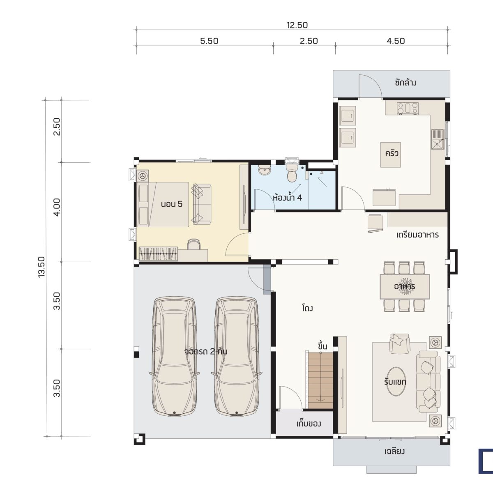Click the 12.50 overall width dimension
pos(297,25)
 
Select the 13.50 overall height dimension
pos(41,267)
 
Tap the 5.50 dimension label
pos(209,41)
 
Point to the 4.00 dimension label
pos(57,207)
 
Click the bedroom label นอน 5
pos(172,204)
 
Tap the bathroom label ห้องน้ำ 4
pos(288,198)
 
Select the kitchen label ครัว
pos(392,154)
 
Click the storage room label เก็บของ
pos(309,424)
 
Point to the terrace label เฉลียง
pos(394,451)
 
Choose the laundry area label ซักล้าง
pos(405,83)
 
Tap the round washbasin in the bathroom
pos(264,170)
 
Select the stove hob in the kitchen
pos(408,108)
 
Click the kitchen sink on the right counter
pos(438,139)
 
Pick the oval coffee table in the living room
pos(396,382)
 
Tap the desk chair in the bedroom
pos(194,244)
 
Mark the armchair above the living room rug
pos(399,343)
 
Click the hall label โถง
pos(307,308)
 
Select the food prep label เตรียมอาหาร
pos(417,235)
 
